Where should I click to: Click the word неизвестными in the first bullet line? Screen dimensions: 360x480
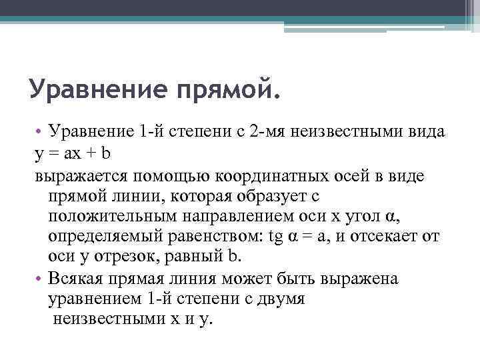click(349, 132)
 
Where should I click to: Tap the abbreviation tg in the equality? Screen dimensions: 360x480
click(273, 238)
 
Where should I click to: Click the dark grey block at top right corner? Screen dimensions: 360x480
click(467, 8)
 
